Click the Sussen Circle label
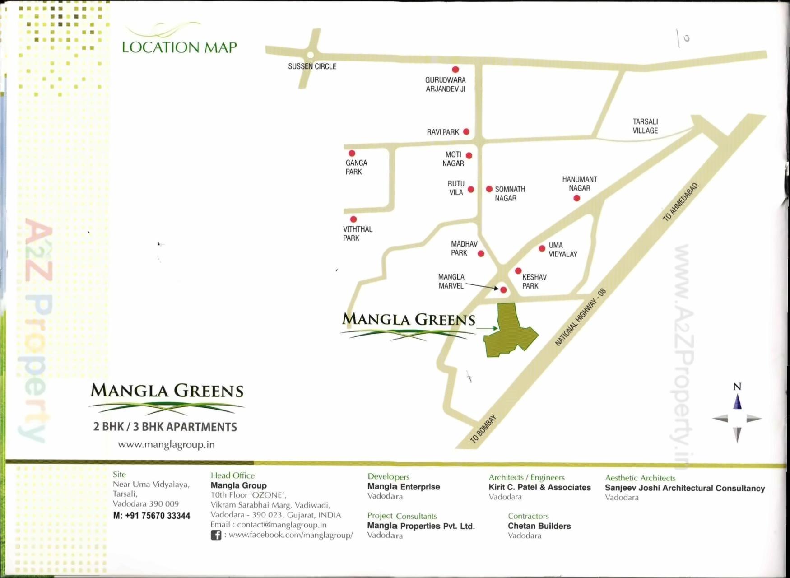pos(312,66)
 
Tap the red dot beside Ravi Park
pos(466,131)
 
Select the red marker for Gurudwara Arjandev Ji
pos(455,70)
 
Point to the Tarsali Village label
pos(645,126)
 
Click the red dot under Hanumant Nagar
pos(576,198)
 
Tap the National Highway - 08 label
pos(580,317)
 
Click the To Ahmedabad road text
pos(680,202)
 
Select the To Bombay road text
pos(483,429)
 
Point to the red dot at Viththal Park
pos(353,219)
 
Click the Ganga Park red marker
pos(352,154)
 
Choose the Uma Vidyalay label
pos(562,250)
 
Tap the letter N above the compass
pos(737,387)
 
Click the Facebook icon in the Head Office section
pos(216,535)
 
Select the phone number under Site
pos(152,516)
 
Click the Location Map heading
pos(179,47)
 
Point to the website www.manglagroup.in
pos(166,444)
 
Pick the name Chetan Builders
pos(539,526)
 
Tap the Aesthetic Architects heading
pos(640,478)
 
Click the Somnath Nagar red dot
pos(489,189)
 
